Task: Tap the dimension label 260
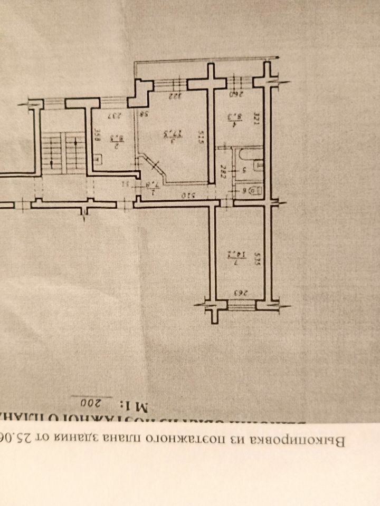(236, 95)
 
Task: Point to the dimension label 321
(257, 115)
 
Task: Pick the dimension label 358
(97, 135)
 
